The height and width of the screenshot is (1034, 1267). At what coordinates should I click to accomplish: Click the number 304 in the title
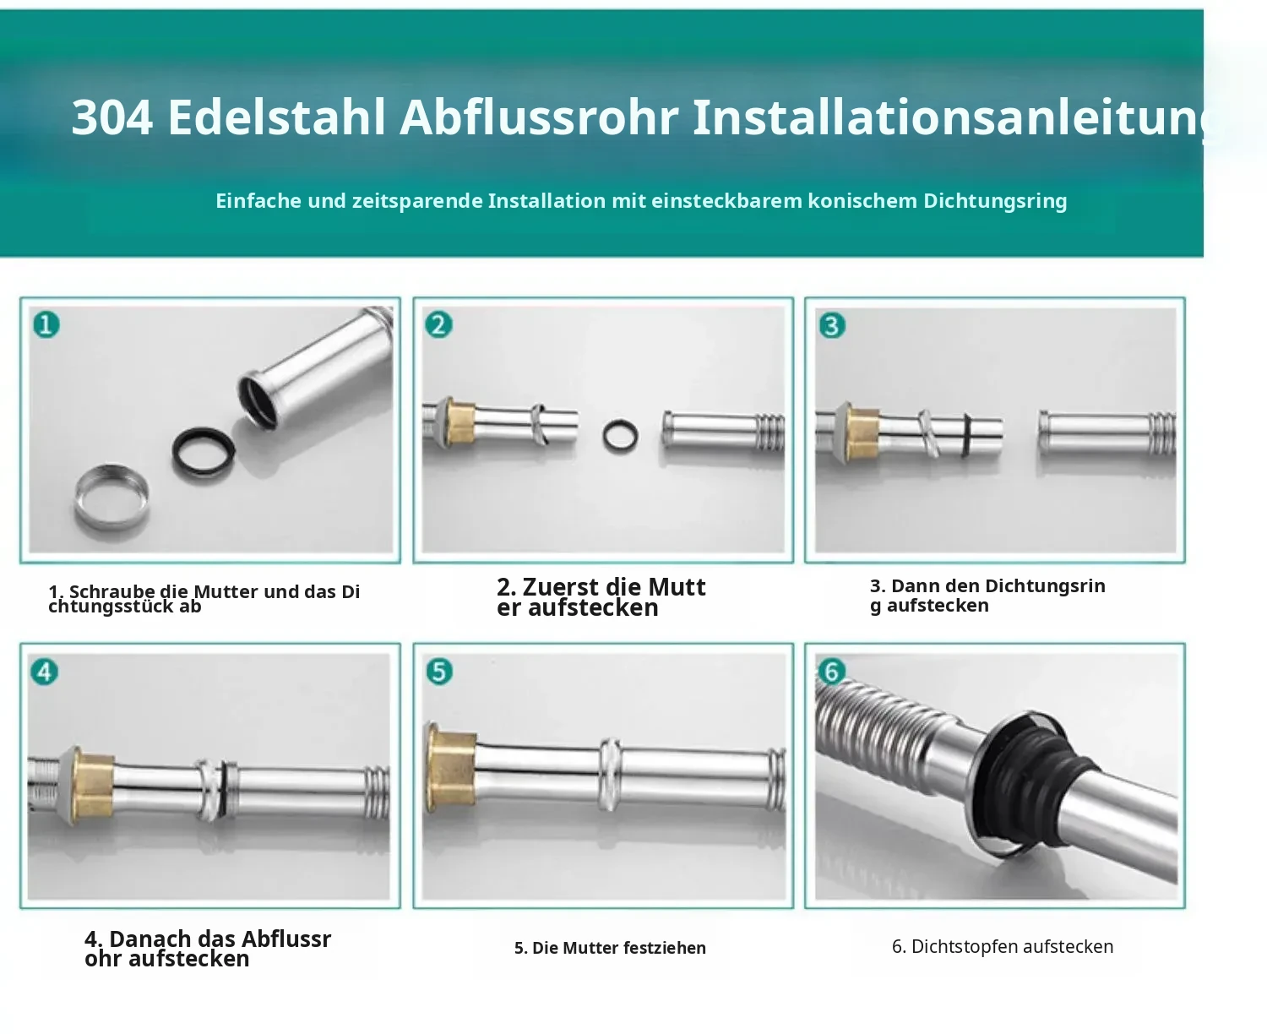pos(111,117)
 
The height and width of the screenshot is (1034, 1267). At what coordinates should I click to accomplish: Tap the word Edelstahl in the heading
pos(276,117)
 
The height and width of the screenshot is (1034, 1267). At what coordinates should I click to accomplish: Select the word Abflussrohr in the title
pos(539,117)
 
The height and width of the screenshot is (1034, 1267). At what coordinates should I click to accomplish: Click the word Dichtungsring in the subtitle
pos(995,201)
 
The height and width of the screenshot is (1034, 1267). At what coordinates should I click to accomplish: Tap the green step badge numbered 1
pos(46,325)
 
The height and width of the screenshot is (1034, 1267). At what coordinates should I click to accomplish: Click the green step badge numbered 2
pos(438,325)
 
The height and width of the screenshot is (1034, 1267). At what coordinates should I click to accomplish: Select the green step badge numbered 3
pos(832,325)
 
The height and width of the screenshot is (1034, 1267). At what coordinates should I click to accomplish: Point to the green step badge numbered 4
pos(45,672)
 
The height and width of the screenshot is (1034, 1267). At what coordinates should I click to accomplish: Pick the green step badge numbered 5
pos(439,672)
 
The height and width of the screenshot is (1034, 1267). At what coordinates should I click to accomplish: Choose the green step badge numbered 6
pos(832,672)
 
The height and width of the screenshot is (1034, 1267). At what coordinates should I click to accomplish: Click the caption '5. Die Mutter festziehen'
pos(610,948)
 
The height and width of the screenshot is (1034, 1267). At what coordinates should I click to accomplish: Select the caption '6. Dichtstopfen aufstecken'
pos(1003,947)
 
